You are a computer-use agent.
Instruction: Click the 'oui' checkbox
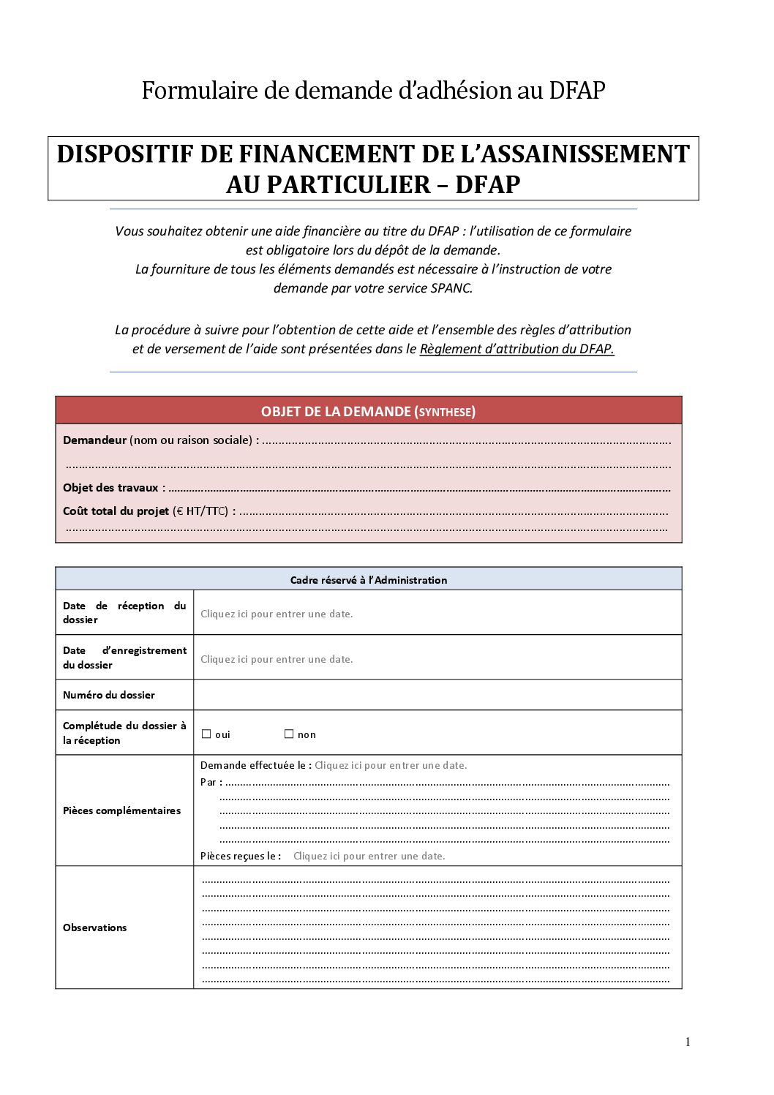pos(206,734)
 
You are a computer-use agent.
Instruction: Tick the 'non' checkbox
pos(289,734)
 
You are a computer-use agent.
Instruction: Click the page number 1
pos(688,1042)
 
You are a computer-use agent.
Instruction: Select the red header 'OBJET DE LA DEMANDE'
pos(368,411)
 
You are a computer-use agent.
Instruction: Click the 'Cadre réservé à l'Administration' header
pos(368,580)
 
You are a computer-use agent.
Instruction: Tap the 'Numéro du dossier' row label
pos(109,695)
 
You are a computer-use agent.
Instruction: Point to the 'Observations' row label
pos(95,927)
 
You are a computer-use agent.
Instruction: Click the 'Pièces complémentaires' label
pos(121,810)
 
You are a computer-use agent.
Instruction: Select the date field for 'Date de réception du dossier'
pos(277,614)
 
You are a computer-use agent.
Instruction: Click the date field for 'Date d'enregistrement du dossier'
pos(277,659)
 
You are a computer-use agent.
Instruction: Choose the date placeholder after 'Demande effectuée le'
pos(391,765)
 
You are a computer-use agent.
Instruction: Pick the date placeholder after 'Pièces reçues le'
pos(369,856)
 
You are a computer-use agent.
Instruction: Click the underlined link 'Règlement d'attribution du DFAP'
pos(516,349)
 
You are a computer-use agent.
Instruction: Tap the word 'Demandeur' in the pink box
pos(94,440)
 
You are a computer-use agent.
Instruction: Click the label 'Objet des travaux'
pos(110,488)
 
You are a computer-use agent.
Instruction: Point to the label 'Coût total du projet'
pos(116,511)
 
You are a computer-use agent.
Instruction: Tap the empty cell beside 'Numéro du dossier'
pos(437,695)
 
